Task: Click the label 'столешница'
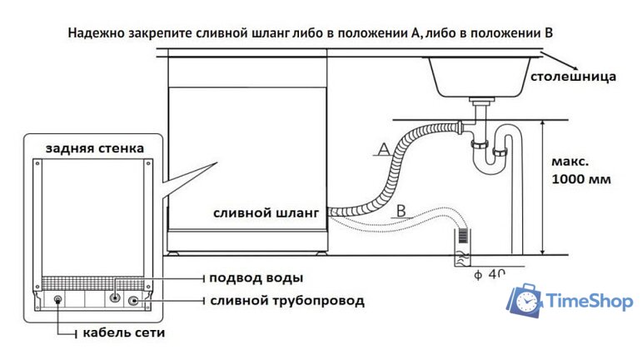(574, 77)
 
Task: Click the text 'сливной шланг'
(266, 213)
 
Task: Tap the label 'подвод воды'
(256, 277)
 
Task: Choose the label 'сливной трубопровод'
(287, 299)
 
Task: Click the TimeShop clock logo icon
(526, 301)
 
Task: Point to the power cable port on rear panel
(57, 300)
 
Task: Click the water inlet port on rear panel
(116, 297)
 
